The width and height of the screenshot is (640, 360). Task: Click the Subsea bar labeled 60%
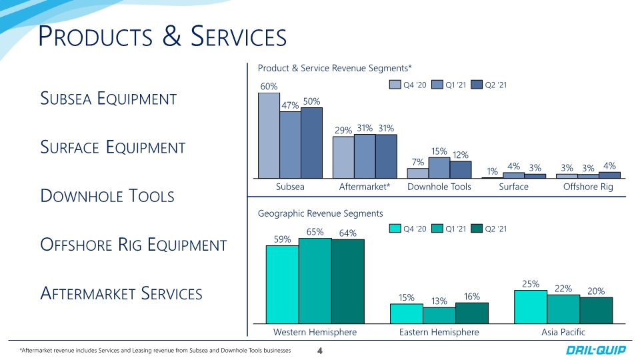tap(269, 135)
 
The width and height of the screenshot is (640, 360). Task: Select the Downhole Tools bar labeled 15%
tap(439, 168)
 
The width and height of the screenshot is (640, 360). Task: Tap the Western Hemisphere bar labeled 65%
tap(315, 281)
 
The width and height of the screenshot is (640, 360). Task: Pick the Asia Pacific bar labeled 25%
tap(531, 307)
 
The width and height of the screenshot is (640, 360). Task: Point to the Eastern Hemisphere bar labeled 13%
tap(439, 315)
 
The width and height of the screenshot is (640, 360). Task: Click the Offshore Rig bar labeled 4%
tap(609, 175)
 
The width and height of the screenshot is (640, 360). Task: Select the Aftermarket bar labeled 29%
tap(343, 157)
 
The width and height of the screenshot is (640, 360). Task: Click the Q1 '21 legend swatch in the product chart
tap(437, 85)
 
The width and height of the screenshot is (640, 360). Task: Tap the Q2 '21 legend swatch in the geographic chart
tap(476, 229)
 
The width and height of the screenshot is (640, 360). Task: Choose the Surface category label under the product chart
tap(513, 187)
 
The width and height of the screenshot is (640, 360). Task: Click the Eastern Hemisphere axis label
tap(439, 332)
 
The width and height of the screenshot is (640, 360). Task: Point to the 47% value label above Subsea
tap(290, 105)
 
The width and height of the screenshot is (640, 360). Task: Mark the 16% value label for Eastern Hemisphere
tap(472, 297)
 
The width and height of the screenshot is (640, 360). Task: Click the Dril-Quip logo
tap(595, 350)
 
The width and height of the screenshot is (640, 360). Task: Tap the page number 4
tap(320, 351)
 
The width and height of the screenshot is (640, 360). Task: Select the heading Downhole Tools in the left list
tap(107, 196)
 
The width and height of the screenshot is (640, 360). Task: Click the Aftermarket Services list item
tap(121, 293)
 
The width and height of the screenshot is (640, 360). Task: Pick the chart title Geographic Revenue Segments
tap(321, 213)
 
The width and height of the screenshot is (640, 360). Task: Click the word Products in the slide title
tap(95, 36)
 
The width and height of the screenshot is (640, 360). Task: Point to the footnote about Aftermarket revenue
tap(155, 351)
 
